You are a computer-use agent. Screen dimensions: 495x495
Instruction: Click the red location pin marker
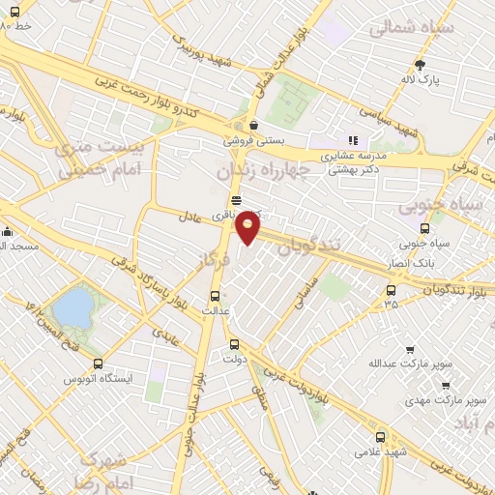pos(248,227)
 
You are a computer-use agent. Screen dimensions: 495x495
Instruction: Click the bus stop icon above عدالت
pos(216,296)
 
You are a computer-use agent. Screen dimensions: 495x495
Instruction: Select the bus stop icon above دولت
pos(234,344)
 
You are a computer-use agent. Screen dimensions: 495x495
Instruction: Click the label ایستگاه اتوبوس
pos(90,378)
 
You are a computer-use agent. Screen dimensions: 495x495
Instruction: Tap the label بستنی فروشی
pos(255,140)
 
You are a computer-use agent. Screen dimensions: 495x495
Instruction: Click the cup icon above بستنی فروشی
pos(253,125)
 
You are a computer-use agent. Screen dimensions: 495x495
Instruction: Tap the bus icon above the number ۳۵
pos(391,289)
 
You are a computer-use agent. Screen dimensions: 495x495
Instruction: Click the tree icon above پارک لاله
pos(419,66)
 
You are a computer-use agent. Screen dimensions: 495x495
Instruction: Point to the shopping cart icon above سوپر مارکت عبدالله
pos(409,350)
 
